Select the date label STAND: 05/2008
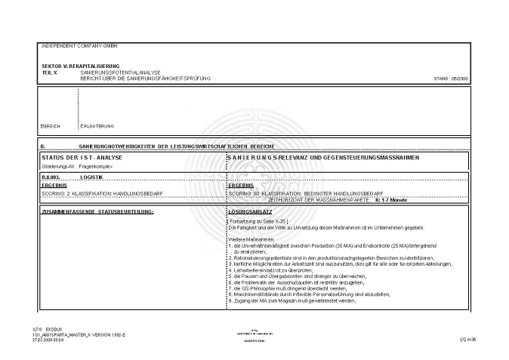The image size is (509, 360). coord(452,78)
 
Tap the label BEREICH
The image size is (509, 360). coord(51,125)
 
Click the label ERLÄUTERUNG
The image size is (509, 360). coord(97,125)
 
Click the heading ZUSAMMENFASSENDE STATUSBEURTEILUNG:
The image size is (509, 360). coord(97,211)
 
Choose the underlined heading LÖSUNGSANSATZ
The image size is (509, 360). coord(246,211)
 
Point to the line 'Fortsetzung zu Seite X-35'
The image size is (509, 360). coord(260,221)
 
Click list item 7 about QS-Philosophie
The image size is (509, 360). coord(303,288)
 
